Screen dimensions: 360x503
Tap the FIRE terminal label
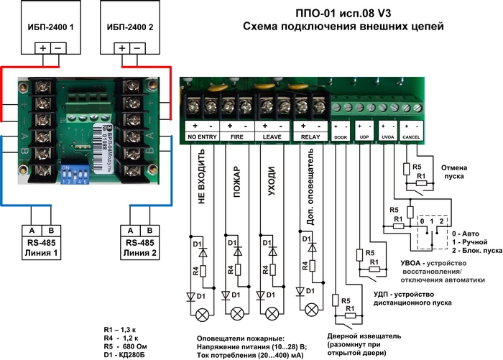click(236, 135)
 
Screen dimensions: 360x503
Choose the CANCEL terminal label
click(412, 135)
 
